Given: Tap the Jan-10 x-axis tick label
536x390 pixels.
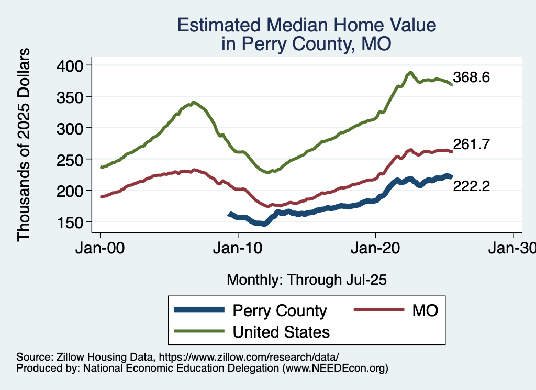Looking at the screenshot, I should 238,249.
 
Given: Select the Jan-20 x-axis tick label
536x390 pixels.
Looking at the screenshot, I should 376,249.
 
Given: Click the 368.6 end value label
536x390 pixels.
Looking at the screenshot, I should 472,78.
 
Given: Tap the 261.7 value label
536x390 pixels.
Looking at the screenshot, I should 472,145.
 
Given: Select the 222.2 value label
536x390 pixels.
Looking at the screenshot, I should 472,185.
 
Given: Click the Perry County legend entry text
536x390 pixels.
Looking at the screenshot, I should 280,310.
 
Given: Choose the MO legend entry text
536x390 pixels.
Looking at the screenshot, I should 425,310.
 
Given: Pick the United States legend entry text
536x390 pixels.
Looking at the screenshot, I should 281,331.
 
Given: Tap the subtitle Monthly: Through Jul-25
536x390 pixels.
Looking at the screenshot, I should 306,280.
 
